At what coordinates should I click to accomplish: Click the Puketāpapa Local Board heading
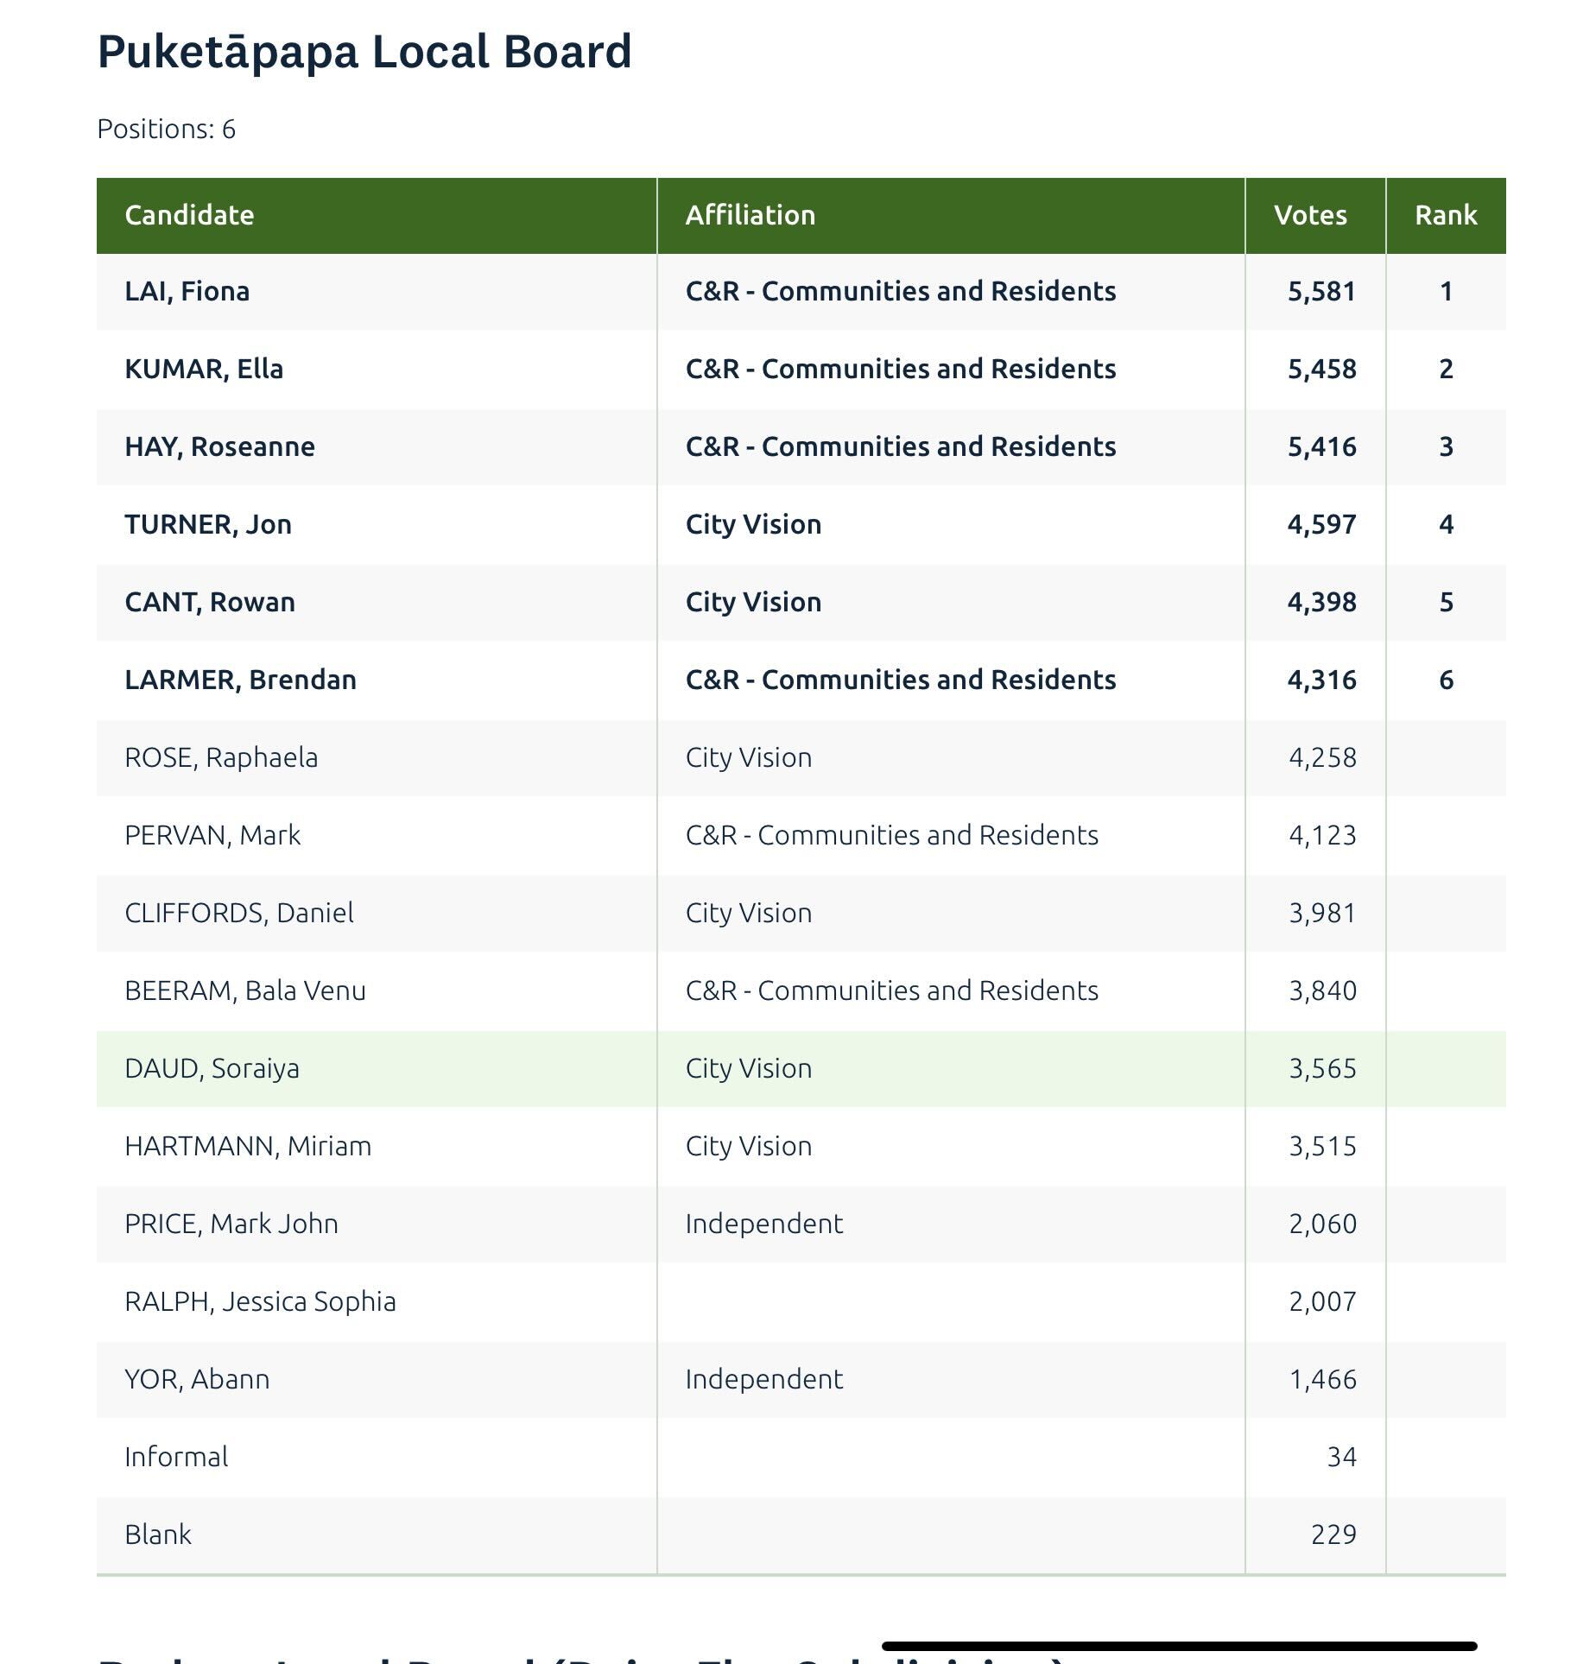pos(364,52)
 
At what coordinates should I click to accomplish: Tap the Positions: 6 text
pos(166,130)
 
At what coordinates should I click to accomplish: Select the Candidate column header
pos(189,215)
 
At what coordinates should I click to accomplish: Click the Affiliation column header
pos(750,215)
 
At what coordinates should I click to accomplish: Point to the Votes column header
pos(1309,215)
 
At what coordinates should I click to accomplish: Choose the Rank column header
pos(1445,215)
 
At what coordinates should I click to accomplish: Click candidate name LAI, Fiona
pos(187,292)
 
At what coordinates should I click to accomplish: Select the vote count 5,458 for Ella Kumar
pos(1321,370)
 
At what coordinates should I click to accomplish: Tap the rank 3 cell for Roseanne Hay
pos(1446,447)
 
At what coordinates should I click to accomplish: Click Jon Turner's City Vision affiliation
pos(753,525)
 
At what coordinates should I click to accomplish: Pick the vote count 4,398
pos(1321,603)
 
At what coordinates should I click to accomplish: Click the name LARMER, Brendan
pos(240,680)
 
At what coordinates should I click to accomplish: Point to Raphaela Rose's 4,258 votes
pos(1322,758)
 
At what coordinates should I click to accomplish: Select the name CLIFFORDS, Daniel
pos(239,914)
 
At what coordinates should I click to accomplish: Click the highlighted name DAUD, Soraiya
pos(212,1069)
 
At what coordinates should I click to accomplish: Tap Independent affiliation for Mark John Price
pos(763,1224)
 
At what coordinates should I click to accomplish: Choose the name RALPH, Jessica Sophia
pos(260,1302)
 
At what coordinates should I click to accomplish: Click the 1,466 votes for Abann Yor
pos(1322,1380)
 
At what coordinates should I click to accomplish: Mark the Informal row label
pos(176,1458)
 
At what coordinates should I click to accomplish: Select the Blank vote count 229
pos(1333,1535)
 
